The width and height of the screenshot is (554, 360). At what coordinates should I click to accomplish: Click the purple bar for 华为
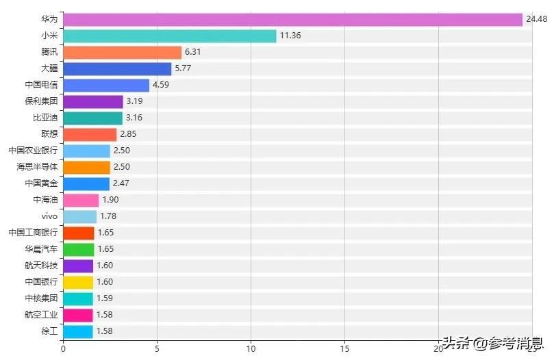[x=292, y=20]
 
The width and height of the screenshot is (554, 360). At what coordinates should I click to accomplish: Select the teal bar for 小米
[x=169, y=36]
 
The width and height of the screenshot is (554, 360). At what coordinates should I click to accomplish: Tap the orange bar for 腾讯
[x=122, y=53]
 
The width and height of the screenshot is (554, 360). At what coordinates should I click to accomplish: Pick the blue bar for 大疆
[x=117, y=69]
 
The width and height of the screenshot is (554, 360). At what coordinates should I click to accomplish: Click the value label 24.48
[x=536, y=20]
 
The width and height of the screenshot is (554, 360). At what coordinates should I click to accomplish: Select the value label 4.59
[x=161, y=86]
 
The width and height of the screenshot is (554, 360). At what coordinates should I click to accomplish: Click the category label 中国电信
[x=41, y=86]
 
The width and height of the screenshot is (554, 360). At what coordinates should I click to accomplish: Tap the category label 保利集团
[x=41, y=102]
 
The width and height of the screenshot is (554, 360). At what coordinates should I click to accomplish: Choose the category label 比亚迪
[x=45, y=118]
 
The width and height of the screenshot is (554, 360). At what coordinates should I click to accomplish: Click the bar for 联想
[x=90, y=135]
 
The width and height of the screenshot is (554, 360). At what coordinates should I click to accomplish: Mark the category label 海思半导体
[x=37, y=168]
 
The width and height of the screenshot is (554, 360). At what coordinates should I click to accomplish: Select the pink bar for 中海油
[x=81, y=201]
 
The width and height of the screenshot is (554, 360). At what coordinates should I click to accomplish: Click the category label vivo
[x=49, y=217]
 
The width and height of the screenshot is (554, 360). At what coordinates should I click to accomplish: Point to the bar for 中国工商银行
[x=78, y=233]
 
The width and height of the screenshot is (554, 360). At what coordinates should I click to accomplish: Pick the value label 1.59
[x=104, y=299]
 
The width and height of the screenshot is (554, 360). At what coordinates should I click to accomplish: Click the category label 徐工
[x=49, y=332]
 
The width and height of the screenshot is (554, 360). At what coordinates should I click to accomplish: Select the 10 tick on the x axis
[x=251, y=348]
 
